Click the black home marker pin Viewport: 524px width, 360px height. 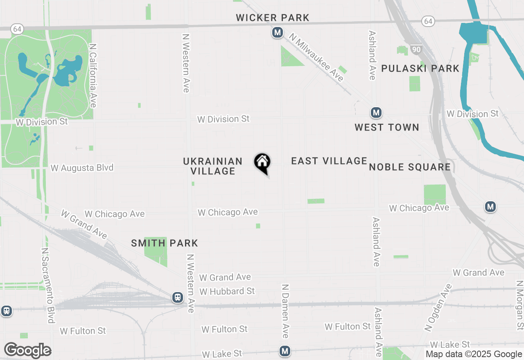(x=262, y=162)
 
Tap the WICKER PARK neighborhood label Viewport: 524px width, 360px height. (x=273, y=18)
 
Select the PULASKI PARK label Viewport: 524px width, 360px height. (x=420, y=68)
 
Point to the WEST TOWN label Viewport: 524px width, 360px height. (x=387, y=127)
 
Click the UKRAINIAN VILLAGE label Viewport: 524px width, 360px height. (x=213, y=166)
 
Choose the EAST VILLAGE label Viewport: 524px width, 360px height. (x=329, y=161)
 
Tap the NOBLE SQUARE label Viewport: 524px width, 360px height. (x=410, y=167)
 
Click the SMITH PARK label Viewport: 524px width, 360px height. (x=165, y=243)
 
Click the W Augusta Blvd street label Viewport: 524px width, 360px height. (x=82, y=168)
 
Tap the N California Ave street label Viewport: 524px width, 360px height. (x=93, y=76)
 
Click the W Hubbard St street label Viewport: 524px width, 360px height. (x=227, y=291)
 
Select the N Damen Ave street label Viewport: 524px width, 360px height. (x=285, y=311)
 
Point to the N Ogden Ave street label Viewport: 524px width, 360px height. (x=438, y=307)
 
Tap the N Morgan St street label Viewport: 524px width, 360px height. (x=519, y=305)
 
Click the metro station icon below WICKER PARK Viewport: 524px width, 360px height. (x=278, y=32)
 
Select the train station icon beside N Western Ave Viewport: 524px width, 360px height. (x=178, y=297)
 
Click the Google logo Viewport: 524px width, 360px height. (x=27, y=351)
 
